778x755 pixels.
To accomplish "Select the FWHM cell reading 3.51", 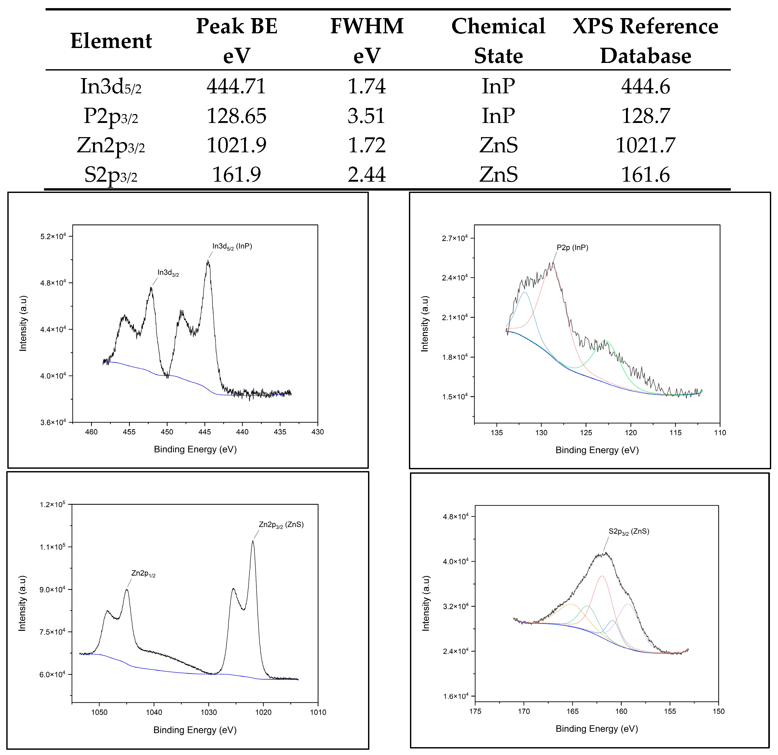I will click(x=366, y=116).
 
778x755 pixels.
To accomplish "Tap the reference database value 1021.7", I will click(x=645, y=145).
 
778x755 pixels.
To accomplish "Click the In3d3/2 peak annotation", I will click(x=168, y=273).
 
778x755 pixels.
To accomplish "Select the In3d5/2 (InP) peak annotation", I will click(x=232, y=246).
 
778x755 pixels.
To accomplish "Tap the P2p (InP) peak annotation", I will click(x=572, y=248).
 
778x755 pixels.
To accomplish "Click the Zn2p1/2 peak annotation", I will click(x=143, y=574).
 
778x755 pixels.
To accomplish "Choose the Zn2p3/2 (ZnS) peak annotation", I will click(x=281, y=525).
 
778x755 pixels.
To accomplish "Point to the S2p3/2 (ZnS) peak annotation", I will click(x=629, y=532).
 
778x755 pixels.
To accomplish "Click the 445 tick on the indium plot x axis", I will click(x=205, y=432).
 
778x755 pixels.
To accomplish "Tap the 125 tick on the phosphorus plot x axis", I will click(x=586, y=433).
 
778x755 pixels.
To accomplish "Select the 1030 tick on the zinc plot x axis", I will click(x=209, y=712).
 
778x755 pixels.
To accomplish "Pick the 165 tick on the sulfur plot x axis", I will click(x=572, y=711).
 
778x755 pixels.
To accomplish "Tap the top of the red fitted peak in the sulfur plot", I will click(x=602, y=576).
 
